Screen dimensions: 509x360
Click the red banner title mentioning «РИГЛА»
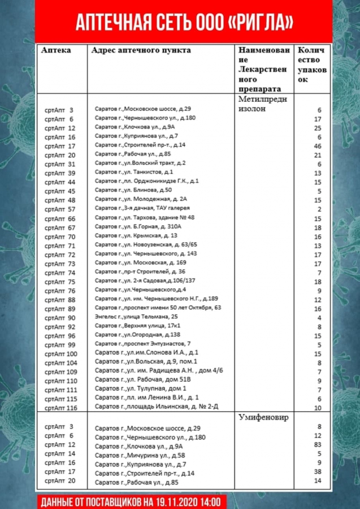[184, 22]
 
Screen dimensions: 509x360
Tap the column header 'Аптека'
[56, 50]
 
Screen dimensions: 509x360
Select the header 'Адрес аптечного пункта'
[141, 50]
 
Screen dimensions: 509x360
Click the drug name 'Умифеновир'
[263, 417]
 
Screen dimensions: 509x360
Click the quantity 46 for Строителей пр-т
[317, 145]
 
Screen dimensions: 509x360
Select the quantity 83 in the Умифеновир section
[317, 445]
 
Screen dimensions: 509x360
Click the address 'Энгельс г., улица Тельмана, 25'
[136, 317]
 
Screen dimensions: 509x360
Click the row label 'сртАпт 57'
[59, 209]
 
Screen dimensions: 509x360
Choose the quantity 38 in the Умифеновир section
[317, 472]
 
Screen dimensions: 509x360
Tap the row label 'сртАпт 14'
[59, 454]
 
